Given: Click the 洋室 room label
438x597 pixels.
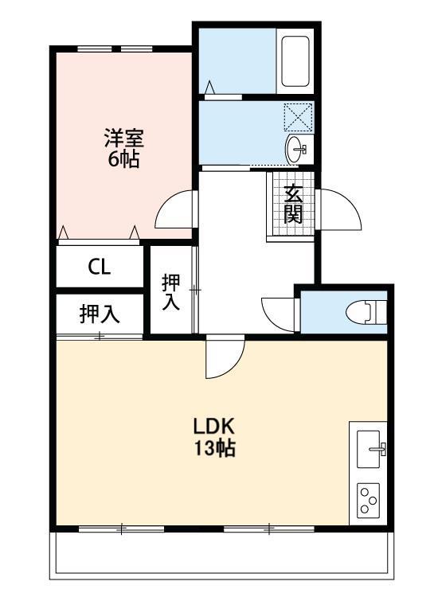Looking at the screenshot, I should pos(123,137).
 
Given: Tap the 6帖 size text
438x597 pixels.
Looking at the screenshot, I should pos(123,158).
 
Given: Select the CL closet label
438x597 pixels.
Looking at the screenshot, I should pos(99,267).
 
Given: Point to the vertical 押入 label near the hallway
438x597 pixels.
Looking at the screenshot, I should pos(171,292).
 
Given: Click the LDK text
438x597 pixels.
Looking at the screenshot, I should pos(213,425).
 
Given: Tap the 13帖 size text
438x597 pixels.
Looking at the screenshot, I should pos(213,448).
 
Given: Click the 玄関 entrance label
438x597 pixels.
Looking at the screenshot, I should pos(293,204).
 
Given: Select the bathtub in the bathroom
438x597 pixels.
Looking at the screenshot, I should pos(295,63).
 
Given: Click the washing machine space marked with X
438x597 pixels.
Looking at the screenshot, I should pos(299,117).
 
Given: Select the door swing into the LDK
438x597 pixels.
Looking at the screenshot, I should pos(224,358).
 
